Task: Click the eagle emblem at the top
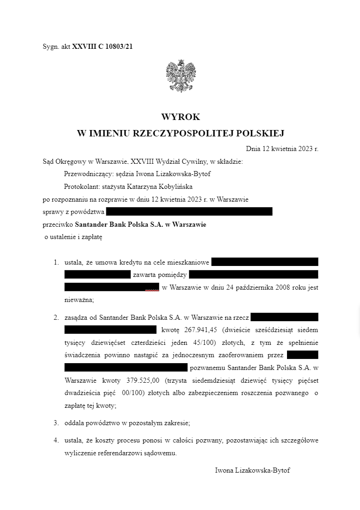click(x=181, y=76)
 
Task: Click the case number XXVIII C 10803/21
click(x=102, y=47)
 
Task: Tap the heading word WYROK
click(x=180, y=117)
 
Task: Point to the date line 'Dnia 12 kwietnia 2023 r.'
click(x=282, y=149)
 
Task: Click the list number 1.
click(x=56, y=262)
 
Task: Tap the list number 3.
click(x=56, y=423)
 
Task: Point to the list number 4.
click(x=56, y=441)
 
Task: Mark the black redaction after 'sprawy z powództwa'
click(x=189, y=212)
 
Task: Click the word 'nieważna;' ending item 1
click(x=79, y=300)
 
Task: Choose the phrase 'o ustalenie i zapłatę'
click(x=73, y=237)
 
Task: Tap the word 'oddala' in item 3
click(x=74, y=423)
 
